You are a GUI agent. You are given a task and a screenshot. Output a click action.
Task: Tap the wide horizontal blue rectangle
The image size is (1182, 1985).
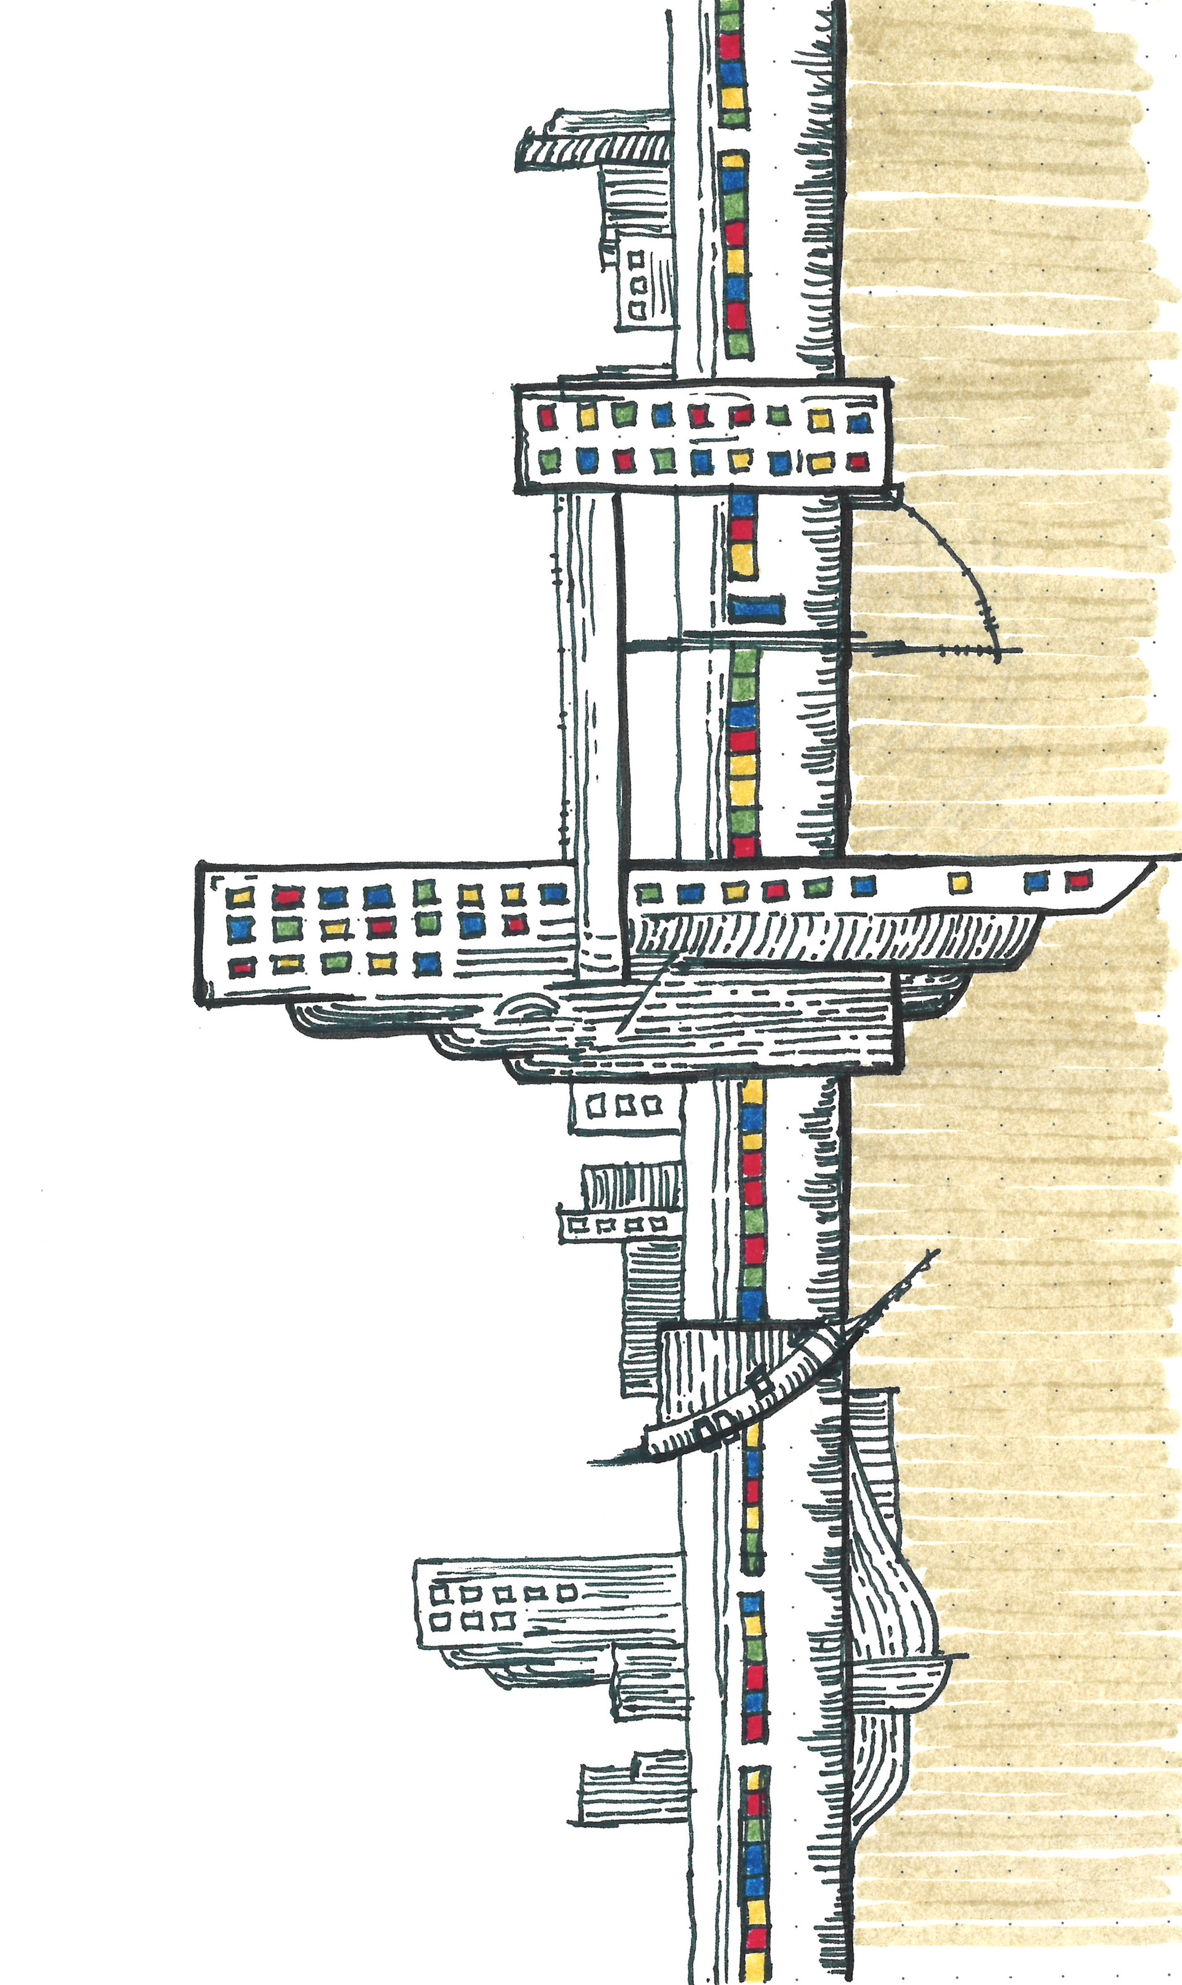coord(756,610)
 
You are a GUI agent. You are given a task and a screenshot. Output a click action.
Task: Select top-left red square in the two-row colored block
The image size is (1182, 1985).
coord(547,415)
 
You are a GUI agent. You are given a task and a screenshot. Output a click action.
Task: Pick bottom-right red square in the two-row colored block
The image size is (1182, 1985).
coord(858,461)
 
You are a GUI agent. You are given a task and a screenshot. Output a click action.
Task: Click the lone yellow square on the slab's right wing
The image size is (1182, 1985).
coord(960,882)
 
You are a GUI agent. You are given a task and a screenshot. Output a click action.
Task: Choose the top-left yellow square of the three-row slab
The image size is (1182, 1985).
coord(239,897)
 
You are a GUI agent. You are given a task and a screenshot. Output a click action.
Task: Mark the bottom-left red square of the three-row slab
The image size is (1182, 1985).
coord(239,966)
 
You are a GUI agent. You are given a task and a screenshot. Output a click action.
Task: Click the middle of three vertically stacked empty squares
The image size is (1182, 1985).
coord(637,284)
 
